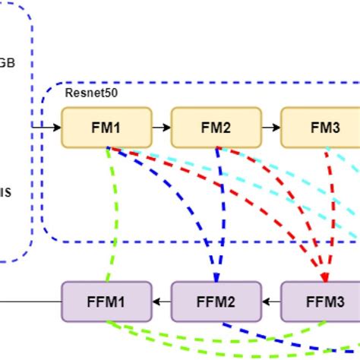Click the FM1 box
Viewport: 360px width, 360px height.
(106, 127)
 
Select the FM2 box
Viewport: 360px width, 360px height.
(216, 127)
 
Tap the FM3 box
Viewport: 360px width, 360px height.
(324, 127)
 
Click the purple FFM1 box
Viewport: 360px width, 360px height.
(106, 302)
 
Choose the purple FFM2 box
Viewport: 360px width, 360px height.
(216, 302)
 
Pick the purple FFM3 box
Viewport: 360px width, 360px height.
(324, 302)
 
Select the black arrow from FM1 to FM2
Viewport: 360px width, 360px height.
(160, 127)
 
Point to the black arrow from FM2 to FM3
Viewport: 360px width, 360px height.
(271, 127)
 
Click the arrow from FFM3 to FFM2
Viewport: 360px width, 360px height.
(271, 302)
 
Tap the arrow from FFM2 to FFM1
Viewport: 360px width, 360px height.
(160, 302)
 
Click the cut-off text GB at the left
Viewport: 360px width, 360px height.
(6, 64)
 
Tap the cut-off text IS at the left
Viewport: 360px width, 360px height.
(5, 193)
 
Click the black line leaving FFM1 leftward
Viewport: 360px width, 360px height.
(30, 302)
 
